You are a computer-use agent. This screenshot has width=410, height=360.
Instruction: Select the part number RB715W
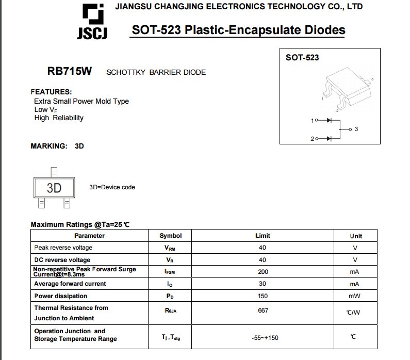69,72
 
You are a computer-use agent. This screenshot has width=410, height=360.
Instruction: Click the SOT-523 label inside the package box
302,58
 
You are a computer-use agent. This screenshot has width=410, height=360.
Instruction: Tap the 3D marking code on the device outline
54,188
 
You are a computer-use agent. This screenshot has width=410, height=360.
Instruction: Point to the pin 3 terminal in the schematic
351,129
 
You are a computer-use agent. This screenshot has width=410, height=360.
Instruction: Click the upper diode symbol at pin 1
330,120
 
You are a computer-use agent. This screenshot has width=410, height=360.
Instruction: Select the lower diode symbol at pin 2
330,138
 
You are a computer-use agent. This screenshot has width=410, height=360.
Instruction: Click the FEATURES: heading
51,92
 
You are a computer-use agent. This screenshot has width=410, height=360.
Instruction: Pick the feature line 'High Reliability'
59,118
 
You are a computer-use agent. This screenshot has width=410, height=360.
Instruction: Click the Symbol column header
170,236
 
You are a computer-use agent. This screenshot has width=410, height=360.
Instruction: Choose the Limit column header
263,236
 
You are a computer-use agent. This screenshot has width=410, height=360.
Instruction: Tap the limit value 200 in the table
263,272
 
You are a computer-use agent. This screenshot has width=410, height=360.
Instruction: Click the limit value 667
263,310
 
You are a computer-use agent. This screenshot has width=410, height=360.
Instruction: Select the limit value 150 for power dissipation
263,296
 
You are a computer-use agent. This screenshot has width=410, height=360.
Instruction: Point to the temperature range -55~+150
265,338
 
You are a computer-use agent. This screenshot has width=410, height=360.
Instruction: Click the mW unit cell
354,296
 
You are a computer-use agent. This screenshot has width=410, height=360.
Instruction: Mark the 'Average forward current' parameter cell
70,284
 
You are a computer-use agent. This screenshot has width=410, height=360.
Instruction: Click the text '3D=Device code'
112,187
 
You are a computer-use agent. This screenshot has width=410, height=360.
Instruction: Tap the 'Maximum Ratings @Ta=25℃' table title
80,224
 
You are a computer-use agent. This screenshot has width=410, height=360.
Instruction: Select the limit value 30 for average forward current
263,284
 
